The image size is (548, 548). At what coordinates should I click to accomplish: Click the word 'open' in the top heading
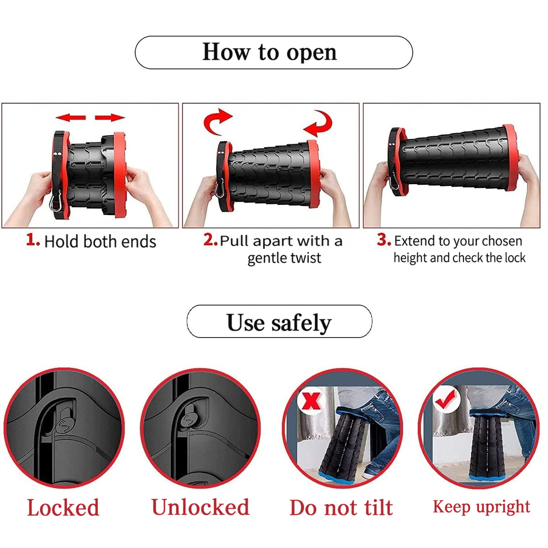pyautogui.click(x=311, y=53)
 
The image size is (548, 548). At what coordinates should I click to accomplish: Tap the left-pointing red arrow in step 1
pyautogui.click(x=70, y=117)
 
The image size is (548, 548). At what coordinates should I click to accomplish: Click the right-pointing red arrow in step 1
pyautogui.click(x=110, y=117)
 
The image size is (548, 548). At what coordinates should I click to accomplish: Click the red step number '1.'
pyautogui.click(x=33, y=240)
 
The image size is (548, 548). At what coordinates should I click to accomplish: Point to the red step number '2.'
pyautogui.click(x=211, y=239)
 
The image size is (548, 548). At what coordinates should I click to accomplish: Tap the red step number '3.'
pyautogui.click(x=384, y=239)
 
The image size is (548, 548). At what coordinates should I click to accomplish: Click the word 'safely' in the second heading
pyautogui.click(x=301, y=323)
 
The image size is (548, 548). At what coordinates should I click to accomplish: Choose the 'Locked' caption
pyautogui.click(x=63, y=508)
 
